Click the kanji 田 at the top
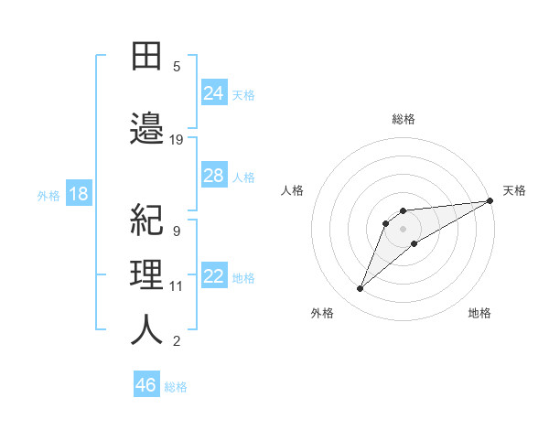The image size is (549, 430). [x=146, y=57]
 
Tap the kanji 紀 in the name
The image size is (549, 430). [x=146, y=220]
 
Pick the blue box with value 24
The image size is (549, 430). [x=214, y=93]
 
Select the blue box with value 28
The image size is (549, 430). [x=214, y=176]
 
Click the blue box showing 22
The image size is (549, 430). [x=214, y=276]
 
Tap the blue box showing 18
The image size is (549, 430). [x=79, y=194]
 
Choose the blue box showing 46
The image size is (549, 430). [x=146, y=385]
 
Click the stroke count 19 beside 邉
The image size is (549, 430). [x=177, y=139]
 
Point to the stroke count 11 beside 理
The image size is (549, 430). [x=177, y=285]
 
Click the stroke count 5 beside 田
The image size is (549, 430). [x=177, y=66]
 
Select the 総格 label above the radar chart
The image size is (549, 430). [x=404, y=119]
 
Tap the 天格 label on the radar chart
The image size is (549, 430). [x=514, y=190]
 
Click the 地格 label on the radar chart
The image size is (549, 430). [x=479, y=313]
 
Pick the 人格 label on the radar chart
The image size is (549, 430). [x=293, y=190]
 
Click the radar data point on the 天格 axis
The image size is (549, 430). [x=490, y=200]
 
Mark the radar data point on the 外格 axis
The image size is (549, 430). [x=361, y=289]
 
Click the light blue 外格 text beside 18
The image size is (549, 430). [x=48, y=195]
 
